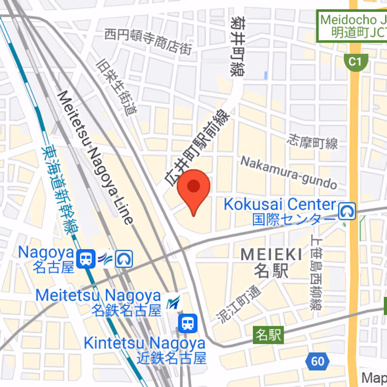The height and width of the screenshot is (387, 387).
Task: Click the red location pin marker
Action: [193, 188]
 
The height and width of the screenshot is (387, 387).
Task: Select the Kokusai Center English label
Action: [279, 204]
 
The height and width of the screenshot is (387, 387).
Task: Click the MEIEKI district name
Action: [271, 254]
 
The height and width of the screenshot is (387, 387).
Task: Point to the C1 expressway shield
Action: [356, 61]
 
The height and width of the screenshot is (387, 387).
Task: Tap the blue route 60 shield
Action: [317, 361]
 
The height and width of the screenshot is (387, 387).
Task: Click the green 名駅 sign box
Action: [268, 334]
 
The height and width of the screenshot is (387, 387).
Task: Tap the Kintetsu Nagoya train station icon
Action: [187, 323]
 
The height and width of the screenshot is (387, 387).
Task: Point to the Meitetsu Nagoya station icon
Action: [173, 303]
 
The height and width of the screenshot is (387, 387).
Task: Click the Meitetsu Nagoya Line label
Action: [94, 157]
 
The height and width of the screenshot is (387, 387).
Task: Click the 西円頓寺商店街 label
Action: [148, 41]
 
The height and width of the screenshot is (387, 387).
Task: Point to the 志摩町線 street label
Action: [313, 141]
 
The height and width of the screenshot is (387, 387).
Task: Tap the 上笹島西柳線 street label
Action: [316, 273]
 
